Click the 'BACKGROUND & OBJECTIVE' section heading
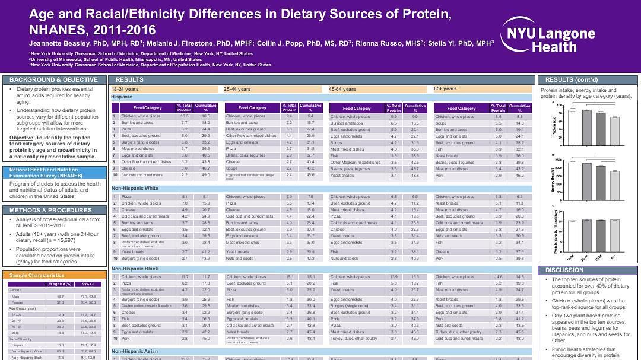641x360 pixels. coord(53,79)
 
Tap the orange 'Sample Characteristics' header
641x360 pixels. coord(37,275)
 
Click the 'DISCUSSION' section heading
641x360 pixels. coord(564,270)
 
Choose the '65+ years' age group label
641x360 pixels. coord(445,89)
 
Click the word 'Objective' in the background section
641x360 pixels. coord(21,138)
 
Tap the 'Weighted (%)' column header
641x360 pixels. coord(59,283)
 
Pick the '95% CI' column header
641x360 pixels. coord(87,283)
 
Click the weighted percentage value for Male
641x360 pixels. coord(60,296)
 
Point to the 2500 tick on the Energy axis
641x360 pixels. coord(562,160)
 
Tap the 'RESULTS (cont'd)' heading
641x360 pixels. coord(567,79)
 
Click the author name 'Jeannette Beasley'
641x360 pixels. coord(57,43)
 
